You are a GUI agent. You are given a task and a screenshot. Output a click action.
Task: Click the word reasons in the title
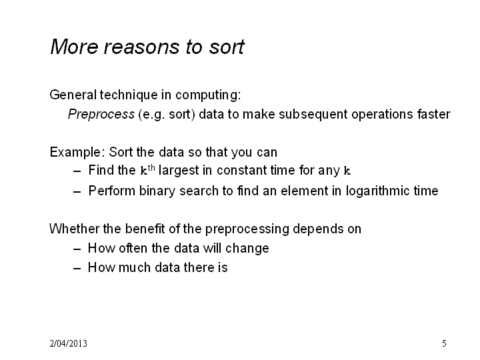click(x=142, y=48)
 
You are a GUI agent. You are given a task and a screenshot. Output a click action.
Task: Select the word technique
click(x=129, y=95)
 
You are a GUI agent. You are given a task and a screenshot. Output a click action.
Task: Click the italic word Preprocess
click(x=101, y=115)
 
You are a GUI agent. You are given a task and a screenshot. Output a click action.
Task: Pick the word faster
click(x=434, y=114)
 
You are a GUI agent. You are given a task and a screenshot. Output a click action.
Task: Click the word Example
click(x=75, y=153)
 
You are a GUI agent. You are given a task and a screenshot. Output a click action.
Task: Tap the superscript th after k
click(x=151, y=168)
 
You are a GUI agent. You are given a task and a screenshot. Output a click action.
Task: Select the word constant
click(x=237, y=171)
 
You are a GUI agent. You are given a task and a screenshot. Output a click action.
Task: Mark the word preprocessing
click(x=247, y=229)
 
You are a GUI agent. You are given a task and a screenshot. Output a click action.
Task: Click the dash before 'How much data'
click(x=77, y=268)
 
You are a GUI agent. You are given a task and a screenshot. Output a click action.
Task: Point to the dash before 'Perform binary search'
click(x=77, y=191)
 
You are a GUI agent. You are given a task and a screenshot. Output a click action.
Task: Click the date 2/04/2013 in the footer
click(x=68, y=343)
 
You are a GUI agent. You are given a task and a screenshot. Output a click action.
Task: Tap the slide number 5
click(x=444, y=343)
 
